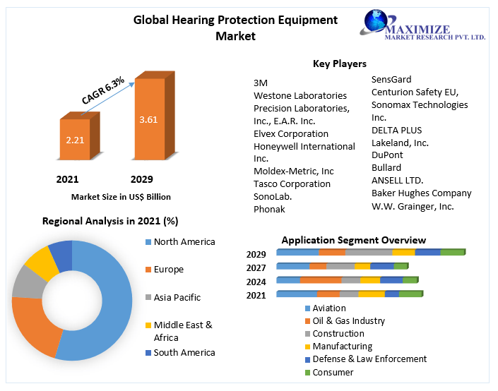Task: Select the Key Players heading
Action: click(x=340, y=64)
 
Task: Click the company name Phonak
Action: click(x=269, y=209)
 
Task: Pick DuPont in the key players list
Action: click(x=387, y=155)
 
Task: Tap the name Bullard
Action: click(x=386, y=167)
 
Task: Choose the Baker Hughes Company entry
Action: click(x=421, y=193)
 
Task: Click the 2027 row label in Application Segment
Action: click(x=256, y=267)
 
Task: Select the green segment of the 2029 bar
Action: click(x=452, y=252)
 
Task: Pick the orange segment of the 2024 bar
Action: click(x=320, y=280)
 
